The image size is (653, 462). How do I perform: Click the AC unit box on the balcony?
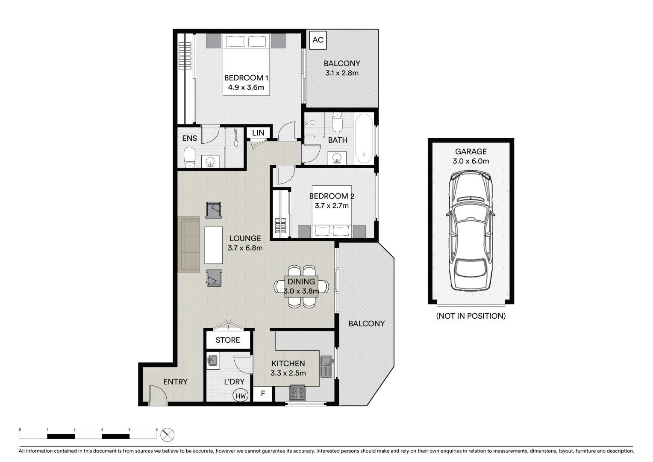point(318,40)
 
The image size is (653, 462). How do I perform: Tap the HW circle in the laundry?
point(241,396)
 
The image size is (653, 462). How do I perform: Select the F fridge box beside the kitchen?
point(263,394)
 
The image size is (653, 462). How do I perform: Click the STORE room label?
point(227,340)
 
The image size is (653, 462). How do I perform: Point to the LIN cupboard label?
point(258,133)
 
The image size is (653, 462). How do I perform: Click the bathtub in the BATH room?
point(364,138)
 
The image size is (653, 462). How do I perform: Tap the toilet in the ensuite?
point(189,157)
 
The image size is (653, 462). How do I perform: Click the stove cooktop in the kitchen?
point(297,393)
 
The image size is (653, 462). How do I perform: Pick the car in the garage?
point(470,231)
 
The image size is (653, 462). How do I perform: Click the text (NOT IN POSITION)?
point(471,316)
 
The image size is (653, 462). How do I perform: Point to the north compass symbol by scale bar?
point(168,435)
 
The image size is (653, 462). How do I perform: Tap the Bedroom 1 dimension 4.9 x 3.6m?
point(246,87)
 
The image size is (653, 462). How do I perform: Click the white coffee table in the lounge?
point(213,245)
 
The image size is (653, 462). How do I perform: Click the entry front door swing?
point(157,395)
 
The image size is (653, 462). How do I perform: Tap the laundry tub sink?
point(212,361)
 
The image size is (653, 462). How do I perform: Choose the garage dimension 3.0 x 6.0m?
point(471,161)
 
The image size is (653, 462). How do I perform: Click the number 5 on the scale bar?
point(157,429)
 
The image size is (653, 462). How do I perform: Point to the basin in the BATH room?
point(337,158)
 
